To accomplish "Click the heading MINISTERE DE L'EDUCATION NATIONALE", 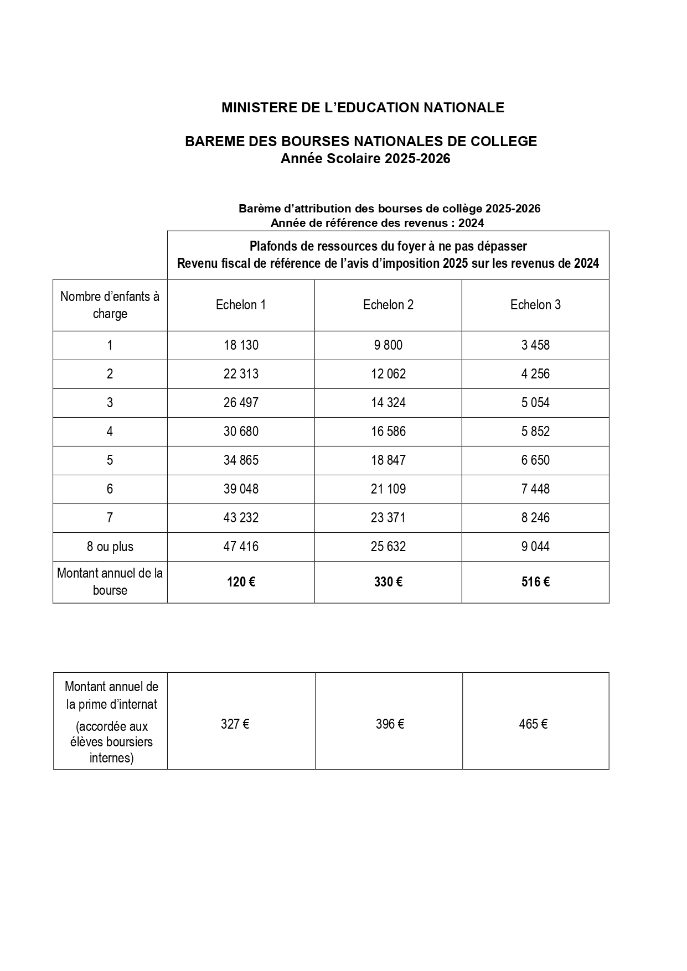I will [363, 107].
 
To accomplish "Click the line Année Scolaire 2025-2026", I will [365, 159].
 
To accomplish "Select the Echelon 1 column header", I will [241, 305].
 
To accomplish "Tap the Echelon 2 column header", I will [388, 305].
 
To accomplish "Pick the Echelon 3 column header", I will [535, 305].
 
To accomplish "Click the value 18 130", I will [241, 345].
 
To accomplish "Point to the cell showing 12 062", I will [388, 374].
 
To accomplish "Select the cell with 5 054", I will [535, 403].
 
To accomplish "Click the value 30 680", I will [241, 432].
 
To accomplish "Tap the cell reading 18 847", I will [388, 460].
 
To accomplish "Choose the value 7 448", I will [535, 489].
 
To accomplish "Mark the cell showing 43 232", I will [241, 518].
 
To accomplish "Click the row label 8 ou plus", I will [110, 547].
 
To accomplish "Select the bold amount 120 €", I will [241, 582].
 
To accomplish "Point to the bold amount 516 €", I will [535, 582].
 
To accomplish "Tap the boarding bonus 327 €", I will [235, 724].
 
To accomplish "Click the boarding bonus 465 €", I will [533, 724].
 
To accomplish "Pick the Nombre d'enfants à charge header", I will [110, 305].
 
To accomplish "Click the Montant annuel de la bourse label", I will [110, 581].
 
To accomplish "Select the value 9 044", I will [535, 547].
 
